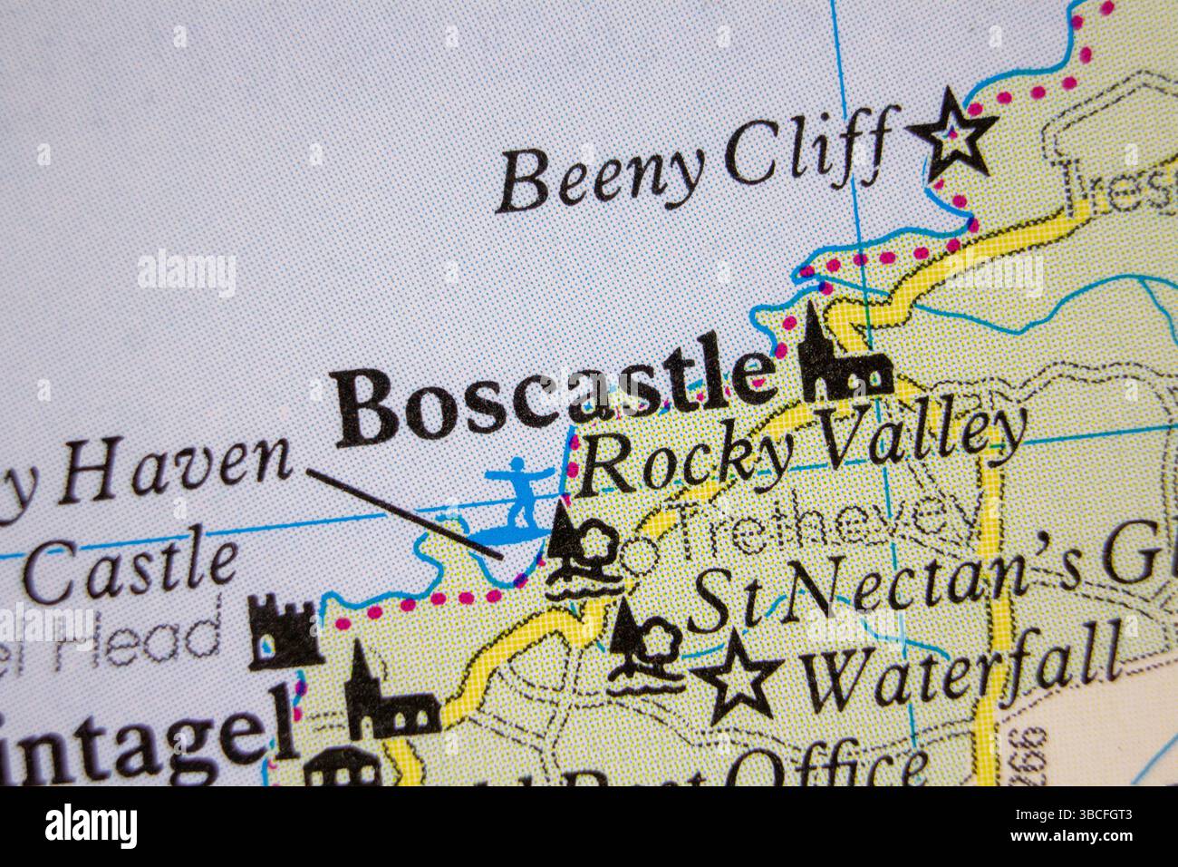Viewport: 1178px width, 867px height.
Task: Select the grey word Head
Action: [163, 635]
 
